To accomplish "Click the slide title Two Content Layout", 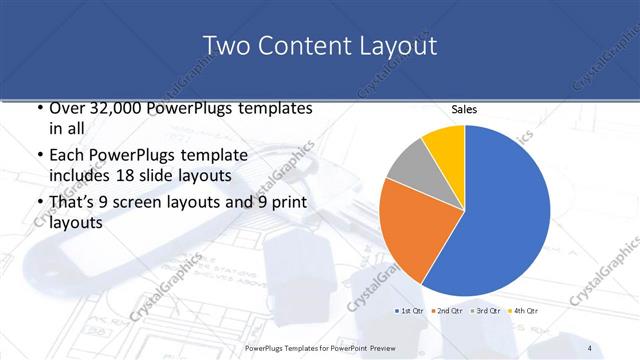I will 319,46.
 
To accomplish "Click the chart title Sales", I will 464,109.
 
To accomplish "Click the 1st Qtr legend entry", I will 410,312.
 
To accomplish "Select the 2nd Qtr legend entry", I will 447,312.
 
